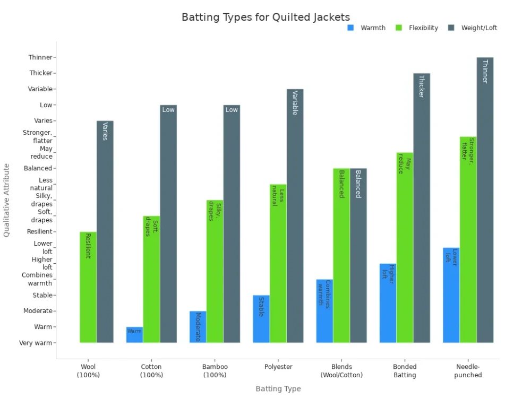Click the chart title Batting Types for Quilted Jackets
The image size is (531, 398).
click(x=265, y=17)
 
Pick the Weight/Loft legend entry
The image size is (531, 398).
click(x=478, y=28)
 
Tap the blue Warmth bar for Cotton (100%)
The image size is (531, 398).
click(x=134, y=335)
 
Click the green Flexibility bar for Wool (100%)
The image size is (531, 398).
click(x=88, y=287)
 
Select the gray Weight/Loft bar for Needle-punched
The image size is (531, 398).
click(x=485, y=200)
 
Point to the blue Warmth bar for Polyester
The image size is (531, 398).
click(x=261, y=319)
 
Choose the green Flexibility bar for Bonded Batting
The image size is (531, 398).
click(x=405, y=248)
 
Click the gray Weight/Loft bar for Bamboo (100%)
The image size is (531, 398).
click(x=232, y=224)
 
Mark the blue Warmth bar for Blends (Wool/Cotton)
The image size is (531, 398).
click(x=324, y=311)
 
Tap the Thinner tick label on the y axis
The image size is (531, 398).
click(x=40, y=57)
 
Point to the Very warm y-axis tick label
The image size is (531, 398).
click(x=36, y=343)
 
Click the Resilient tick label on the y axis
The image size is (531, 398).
click(x=39, y=232)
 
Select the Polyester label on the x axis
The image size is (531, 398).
click(x=278, y=367)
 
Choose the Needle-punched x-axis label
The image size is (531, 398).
click(x=468, y=371)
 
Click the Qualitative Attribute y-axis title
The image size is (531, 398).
click(x=7, y=200)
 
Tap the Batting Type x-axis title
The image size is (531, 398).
click(x=278, y=389)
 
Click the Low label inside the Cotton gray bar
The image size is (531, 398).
click(x=168, y=110)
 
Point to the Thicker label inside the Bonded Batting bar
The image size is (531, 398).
click(x=422, y=86)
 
